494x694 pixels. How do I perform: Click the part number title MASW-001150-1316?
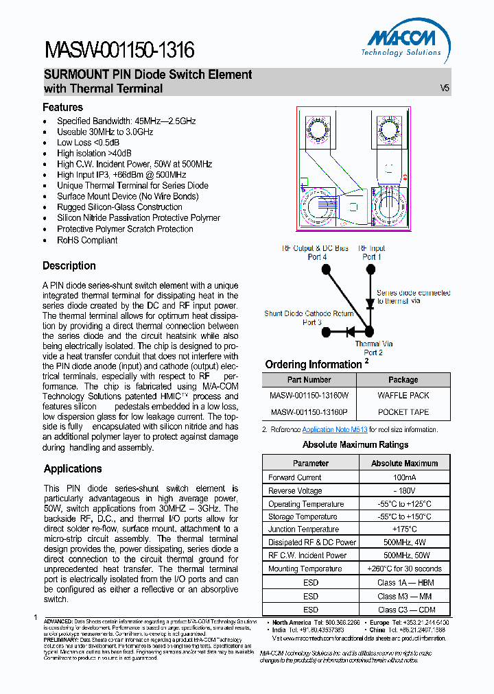pos(119,50)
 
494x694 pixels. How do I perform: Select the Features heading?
pos(62,107)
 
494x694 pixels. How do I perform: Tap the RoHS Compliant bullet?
pos(87,240)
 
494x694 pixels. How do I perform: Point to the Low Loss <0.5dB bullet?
pos(83,143)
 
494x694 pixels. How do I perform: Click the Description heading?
pos(69,265)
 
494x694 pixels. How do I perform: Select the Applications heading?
pos(73,468)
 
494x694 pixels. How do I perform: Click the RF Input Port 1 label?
pos(372,252)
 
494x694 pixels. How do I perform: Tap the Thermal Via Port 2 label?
pos(373,348)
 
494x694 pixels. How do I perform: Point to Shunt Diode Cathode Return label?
pos(309,318)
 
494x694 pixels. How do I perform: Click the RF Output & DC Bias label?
pos(316,252)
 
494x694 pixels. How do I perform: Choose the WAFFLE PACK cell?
pos(403,396)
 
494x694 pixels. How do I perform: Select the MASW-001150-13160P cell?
pos(309,412)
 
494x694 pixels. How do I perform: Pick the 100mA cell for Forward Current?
pos(404,477)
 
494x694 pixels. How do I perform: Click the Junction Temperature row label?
pos(303,529)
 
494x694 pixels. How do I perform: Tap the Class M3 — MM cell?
pos(404,597)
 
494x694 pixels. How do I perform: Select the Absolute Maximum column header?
pos(404,463)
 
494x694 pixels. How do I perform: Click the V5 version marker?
pos(445,88)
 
